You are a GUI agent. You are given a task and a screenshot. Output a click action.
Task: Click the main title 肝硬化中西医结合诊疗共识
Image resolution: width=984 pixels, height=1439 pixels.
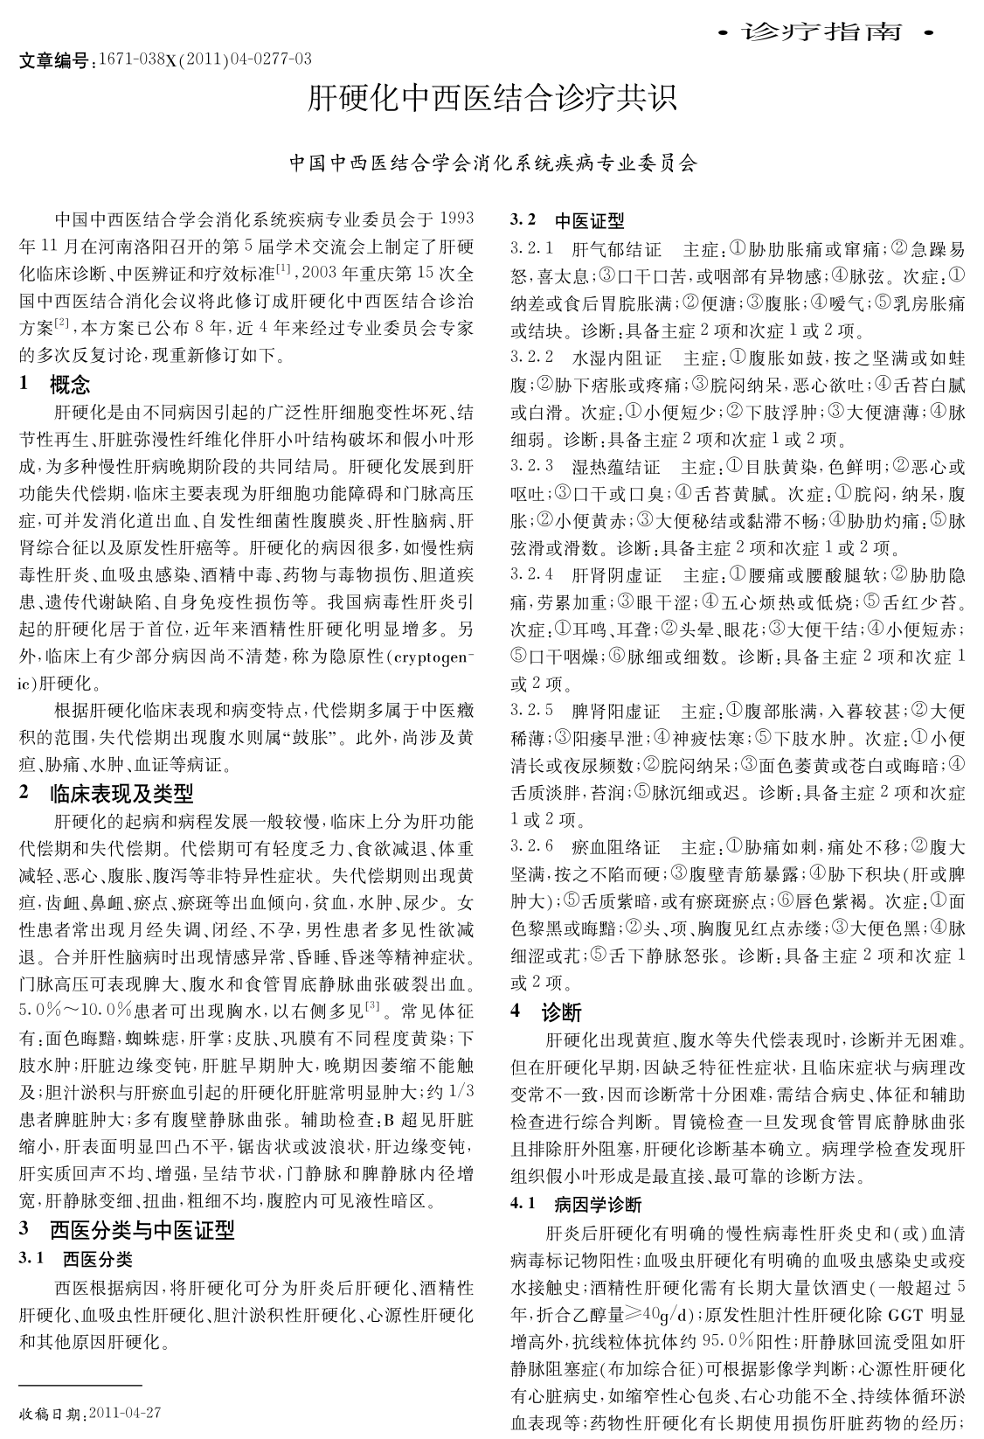coord(492,99)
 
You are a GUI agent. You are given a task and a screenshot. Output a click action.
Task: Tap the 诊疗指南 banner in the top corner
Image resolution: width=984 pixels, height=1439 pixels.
coord(825,33)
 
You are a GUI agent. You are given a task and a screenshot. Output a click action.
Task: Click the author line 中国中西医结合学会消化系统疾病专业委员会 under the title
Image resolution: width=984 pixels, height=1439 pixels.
coord(494,163)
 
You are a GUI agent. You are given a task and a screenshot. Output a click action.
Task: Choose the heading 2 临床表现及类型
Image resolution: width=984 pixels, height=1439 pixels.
coord(106,794)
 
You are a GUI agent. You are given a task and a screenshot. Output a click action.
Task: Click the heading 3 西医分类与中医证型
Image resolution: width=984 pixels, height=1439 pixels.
coord(127,1230)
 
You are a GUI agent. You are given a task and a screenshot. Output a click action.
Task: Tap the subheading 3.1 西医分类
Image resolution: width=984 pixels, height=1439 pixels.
coord(76,1259)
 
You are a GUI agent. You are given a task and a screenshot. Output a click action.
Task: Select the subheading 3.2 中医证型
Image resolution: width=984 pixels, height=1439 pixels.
coord(567,221)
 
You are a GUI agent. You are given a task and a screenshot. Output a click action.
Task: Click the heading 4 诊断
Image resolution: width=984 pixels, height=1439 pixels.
coord(546,1012)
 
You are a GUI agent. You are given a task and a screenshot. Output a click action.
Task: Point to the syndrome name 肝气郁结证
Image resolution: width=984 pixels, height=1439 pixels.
coord(616,249)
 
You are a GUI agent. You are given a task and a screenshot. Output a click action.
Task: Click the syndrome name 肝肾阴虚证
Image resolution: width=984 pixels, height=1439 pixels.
coord(616,575)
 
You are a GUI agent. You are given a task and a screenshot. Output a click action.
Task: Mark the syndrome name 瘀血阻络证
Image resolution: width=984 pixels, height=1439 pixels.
coord(616,846)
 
